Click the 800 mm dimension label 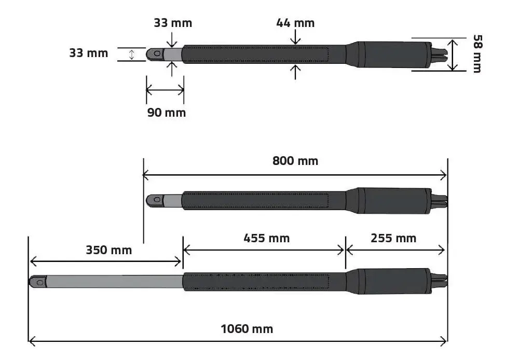click(x=295, y=161)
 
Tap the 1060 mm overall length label click(x=247, y=329)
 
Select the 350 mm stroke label click(x=108, y=250)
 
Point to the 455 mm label click(x=266, y=238)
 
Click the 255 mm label click(x=393, y=238)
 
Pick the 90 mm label click(x=166, y=113)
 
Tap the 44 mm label click(x=295, y=23)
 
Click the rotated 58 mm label click(x=477, y=54)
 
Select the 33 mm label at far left click(x=89, y=53)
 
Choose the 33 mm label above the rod click(x=173, y=23)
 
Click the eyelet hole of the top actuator click(x=157, y=53)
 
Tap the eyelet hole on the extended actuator click(x=40, y=283)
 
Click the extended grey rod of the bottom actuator click(x=114, y=282)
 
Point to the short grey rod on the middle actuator click(x=172, y=201)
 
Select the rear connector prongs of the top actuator click(x=439, y=55)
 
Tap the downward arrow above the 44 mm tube click(x=295, y=37)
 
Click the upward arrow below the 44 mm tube click(x=295, y=72)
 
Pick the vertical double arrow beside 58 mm click(x=453, y=55)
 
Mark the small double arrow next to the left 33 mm click(x=131, y=54)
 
